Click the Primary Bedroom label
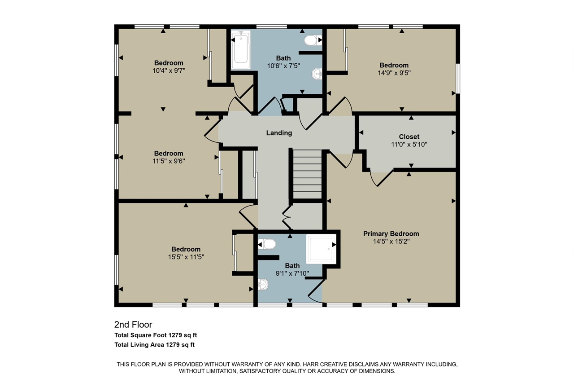(391, 233)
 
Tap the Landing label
(279, 133)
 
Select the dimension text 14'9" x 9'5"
(394, 73)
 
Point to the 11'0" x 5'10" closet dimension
(409, 145)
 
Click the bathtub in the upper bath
(241, 49)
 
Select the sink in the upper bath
(317, 74)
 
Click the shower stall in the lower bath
(321, 249)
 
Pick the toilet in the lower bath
(267, 244)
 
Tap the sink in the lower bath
(263, 284)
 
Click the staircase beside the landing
(307, 174)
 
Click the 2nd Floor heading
(133, 325)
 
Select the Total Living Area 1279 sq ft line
(155, 345)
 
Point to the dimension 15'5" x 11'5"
(186, 257)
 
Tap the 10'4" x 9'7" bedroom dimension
(169, 70)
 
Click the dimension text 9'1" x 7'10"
(292, 273)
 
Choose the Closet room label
(409, 137)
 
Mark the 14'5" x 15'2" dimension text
(391, 242)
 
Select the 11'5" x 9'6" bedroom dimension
(169, 161)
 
